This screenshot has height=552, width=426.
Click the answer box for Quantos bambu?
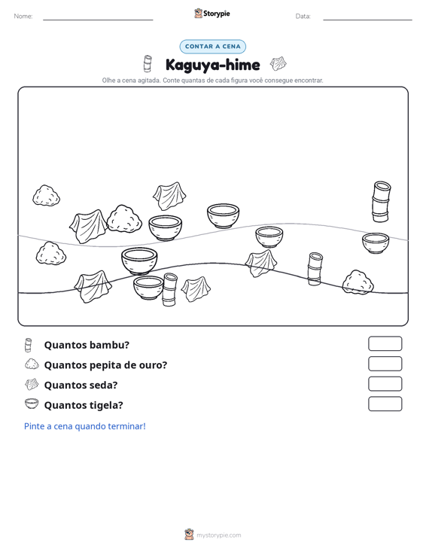[385, 343]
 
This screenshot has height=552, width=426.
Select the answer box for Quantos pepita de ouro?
[385, 364]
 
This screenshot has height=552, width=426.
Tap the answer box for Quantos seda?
[385, 384]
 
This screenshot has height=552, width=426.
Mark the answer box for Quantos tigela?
[385, 404]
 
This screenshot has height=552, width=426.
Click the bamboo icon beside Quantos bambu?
[28, 345]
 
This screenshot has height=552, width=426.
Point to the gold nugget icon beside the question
[32, 364]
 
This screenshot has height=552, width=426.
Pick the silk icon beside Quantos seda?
[32, 384]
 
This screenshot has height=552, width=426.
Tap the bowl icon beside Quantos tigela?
[32, 404]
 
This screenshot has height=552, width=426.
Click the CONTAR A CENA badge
[212, 47]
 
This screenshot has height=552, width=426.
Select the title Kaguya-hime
[212, 65]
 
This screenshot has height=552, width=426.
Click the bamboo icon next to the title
[148, 63]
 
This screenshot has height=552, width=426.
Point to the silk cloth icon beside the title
[278, 64]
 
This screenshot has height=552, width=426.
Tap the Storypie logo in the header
[212, 14]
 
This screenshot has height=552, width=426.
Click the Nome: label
[23, 17]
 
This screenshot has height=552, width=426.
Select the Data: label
[303, 17]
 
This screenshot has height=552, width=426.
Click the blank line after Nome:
[98, 20]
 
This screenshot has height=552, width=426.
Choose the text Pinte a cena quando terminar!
[85, 426]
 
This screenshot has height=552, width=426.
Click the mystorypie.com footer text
[218, 535]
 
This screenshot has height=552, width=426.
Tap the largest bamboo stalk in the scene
[382, 201]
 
